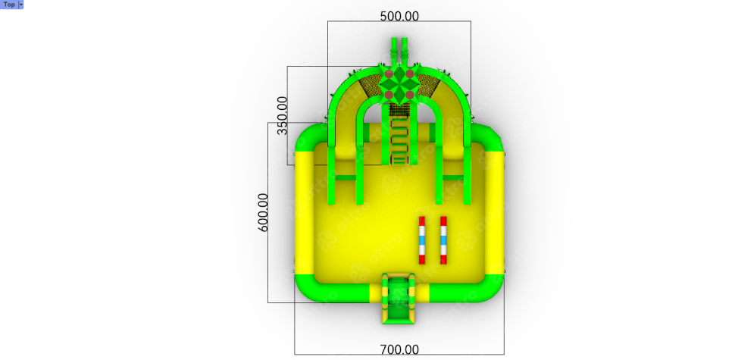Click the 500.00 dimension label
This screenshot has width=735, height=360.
click(x=399, y=16)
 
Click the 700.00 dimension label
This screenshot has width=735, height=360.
click(x=399, y=349)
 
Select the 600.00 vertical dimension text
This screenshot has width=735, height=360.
click(x=264, y=212)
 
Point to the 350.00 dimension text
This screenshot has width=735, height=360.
click(x=282, y=115)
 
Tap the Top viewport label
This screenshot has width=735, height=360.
click(x=9, y=5)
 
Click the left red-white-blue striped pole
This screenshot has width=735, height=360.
click(x=422, y=240)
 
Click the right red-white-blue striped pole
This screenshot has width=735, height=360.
click(x=443, y=240)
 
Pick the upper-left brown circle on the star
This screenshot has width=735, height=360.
click(x=389, y=74)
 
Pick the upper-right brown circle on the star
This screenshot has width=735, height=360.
click(x=410, y=74)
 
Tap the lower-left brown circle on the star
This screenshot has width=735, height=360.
click(x=389, y=95)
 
